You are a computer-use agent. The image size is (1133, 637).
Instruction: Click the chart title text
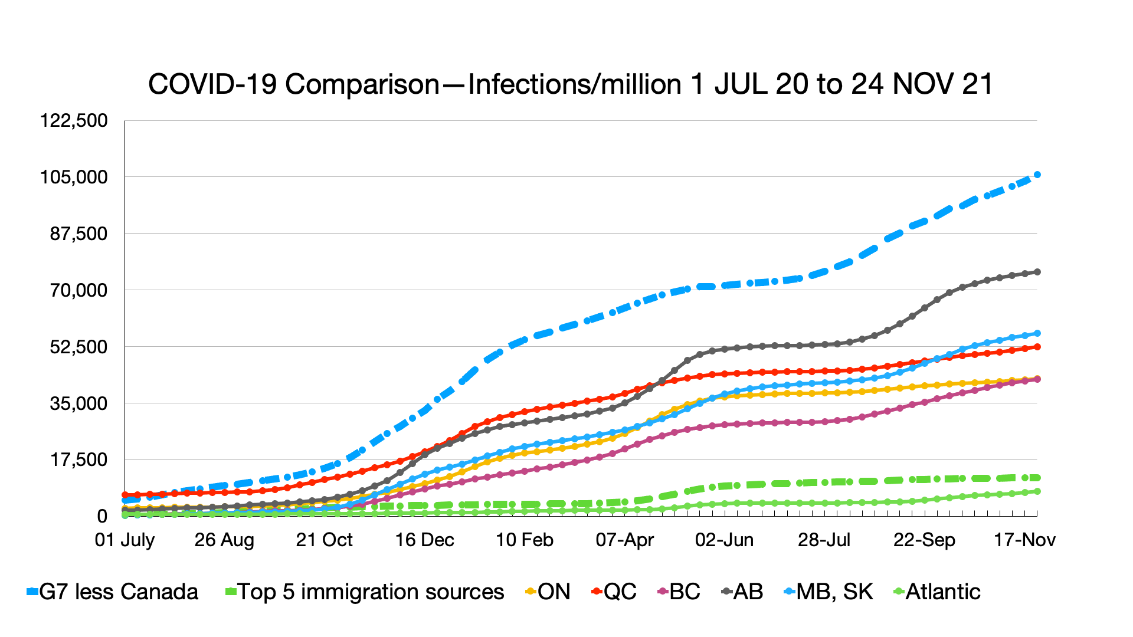570,84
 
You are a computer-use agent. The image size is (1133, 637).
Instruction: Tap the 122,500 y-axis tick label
74,121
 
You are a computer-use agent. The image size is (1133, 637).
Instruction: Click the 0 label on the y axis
102,517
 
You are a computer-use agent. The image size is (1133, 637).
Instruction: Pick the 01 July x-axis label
125,540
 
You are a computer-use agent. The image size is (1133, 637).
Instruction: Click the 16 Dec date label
424,540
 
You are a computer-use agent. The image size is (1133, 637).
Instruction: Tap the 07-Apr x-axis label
624,540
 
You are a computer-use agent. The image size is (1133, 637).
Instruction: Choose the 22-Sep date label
924,540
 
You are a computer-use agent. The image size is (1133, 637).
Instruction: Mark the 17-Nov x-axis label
1024,540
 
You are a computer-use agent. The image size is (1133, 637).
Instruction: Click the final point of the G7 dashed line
1037,175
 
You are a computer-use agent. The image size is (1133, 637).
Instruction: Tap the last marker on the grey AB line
1037,272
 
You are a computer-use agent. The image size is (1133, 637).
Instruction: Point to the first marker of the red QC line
125,495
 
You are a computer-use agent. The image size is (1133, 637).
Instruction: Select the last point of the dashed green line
1037,478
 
